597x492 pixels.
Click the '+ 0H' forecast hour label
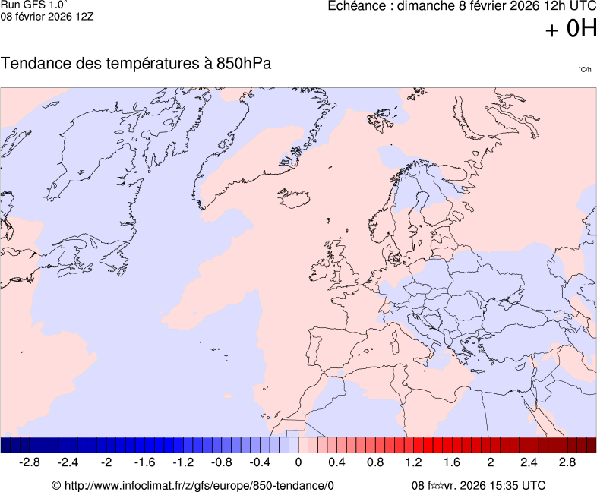[571, 29]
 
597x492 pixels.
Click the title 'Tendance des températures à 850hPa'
[136, 64]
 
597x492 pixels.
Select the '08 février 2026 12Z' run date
[47, 16]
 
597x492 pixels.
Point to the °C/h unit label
[584, 70]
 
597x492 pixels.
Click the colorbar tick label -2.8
[30, 462]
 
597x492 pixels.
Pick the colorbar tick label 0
[298, 462]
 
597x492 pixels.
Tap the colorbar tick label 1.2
[413, 462]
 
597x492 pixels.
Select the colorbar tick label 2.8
[567, 462]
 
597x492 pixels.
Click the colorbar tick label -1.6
[144, 462]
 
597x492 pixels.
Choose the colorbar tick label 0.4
[336, 462]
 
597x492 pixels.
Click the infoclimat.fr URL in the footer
[192, 485]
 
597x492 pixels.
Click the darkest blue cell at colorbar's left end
[5, 445]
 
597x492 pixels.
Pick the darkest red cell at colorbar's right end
[591, 445]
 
